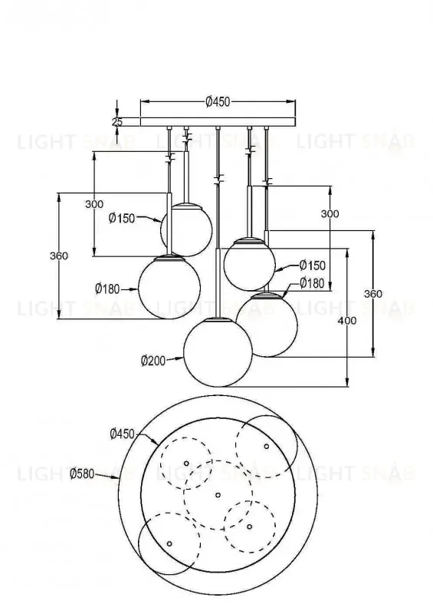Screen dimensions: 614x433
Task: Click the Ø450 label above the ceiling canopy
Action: pos(218,101)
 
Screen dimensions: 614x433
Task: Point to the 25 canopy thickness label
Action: pos(117,121)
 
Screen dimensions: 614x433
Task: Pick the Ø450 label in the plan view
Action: pos(123,434)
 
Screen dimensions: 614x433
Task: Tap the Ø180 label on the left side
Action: pos(108,289)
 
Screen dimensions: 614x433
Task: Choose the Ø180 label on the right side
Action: pos(313,283)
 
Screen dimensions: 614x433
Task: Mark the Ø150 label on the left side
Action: pos(122,218)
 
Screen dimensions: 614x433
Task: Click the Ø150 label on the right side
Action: pos(313,266)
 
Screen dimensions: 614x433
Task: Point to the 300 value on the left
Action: pos(93,204)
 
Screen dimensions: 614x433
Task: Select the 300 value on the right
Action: pos(330,214)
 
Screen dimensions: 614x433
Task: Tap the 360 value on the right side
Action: pos(372,293)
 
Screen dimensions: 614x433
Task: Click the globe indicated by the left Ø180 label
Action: pos(170,286)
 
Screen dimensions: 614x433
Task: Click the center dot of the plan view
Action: pos(218,494)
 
